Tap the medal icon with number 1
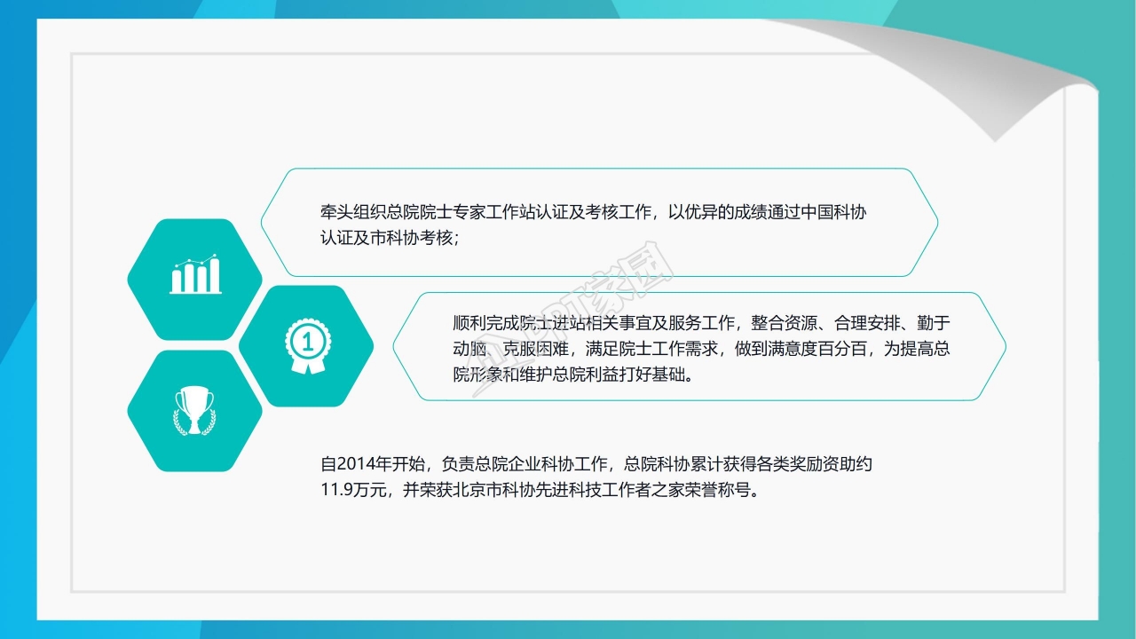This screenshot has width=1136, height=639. tap(306, 345)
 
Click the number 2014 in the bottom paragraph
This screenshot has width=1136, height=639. tap(360, 463)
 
